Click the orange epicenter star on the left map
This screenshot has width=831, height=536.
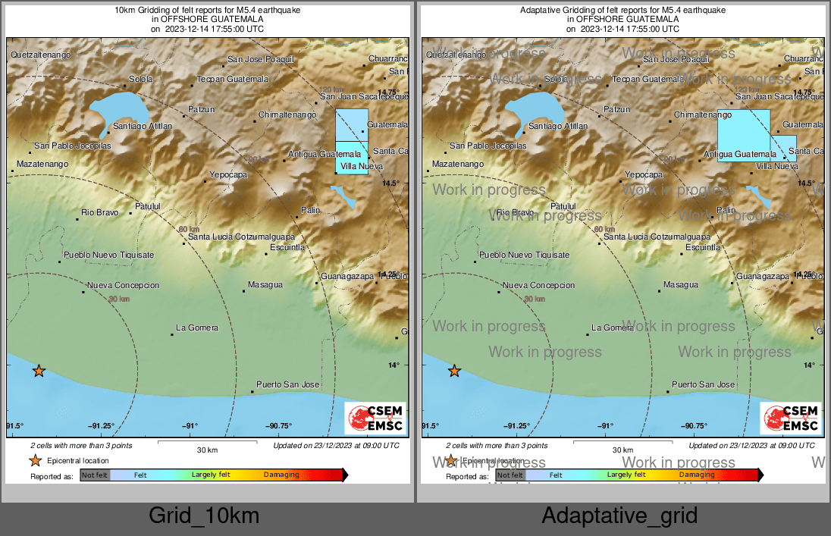(39, 371)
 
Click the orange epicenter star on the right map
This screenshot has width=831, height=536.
(454, 371)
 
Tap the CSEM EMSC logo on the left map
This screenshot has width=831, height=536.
(375, 418)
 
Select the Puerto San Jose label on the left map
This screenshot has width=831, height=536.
(287, 384)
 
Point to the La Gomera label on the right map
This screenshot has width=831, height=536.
(612, 328)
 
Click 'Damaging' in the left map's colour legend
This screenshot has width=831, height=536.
(281, 475)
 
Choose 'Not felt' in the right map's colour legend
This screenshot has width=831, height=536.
(510, 475)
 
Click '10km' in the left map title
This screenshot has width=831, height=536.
(124, 11)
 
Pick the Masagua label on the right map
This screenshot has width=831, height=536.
(680, 285)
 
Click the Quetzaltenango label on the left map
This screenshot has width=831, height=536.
(40, 55)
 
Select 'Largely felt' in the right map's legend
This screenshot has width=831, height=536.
(626, 475)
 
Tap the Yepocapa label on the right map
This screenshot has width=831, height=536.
(643, 174)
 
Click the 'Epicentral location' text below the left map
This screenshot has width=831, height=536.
(78, 460)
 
